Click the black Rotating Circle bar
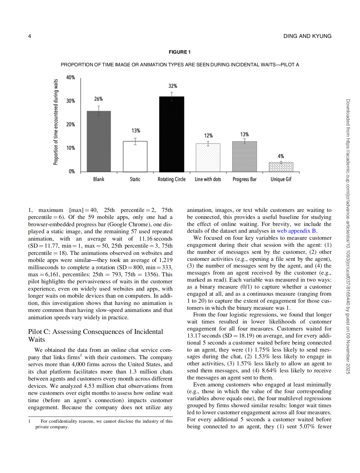tap(172, 134)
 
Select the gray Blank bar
tap(99, 141)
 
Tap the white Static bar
tap(135, 156)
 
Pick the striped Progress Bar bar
tap(244, 157)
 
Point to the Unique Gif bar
tap(281, 167)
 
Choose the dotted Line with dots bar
tap(208, 157)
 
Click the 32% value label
tap(173, 86)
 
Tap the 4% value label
tap(281, 156)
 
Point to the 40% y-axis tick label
tap(71, 78)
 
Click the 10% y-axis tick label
tap(71, 148)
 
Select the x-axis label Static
tap(135, 179)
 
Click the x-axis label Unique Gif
tap(281, 179)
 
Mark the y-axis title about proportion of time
tap(56, 122)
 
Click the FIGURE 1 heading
tap(179, 52)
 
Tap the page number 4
tap(30, 36)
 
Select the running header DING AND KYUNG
tap(307, 36)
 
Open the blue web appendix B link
tap(296, 231)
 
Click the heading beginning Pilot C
tap(95, 335)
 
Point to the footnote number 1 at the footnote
tap(29, 421)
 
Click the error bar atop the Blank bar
tap(99, 110)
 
